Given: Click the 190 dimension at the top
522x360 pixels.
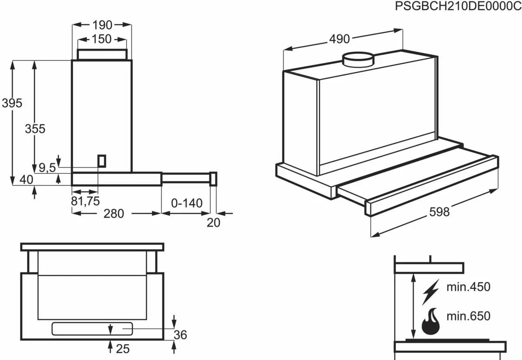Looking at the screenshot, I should (102, 25).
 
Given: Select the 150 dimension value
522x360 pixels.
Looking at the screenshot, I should (102, 39).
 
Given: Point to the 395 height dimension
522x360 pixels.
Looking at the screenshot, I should (12, 103).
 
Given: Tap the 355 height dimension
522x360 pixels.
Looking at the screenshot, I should (35, 129).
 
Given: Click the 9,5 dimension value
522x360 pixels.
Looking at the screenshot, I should (47, 167).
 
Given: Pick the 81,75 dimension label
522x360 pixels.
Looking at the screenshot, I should (85, 201).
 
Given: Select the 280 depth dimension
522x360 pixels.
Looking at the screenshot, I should (114, 213).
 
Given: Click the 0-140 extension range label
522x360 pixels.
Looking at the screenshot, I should (187, 203).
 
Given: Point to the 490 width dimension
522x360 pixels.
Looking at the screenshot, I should (339, 39).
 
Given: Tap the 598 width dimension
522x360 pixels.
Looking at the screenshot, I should (439, 212).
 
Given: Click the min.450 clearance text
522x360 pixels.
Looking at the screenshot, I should (468, 287).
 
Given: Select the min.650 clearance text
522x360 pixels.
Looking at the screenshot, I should (468, 316).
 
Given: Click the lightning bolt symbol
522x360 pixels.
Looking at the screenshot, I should (431, 292).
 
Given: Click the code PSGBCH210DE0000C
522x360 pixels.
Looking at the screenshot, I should (458, 7).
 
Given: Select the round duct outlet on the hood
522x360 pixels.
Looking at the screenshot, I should (358, 60).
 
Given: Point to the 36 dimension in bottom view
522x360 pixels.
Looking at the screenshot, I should (180, 335).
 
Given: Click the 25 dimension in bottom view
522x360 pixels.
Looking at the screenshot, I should (123, 348).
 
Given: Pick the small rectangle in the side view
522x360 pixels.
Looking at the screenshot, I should (101, 161).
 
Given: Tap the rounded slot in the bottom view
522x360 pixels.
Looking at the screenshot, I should (92, 329).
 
